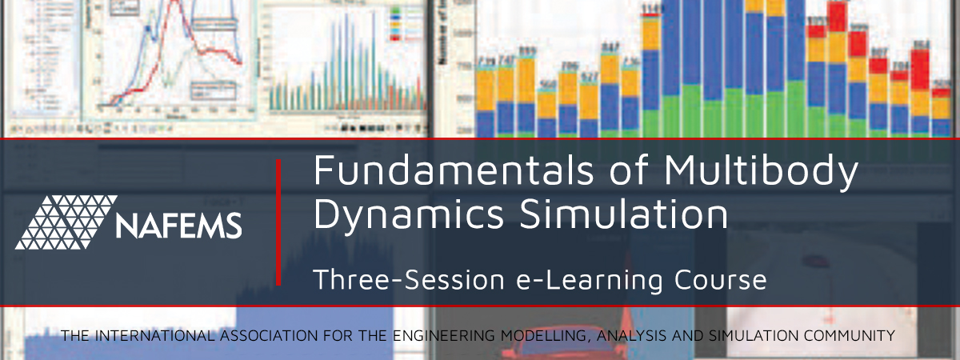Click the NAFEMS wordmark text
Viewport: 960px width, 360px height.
pyautogui.click(x=178, y=226)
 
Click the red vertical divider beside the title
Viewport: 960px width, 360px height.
pyautogui.click(x=278, y=222)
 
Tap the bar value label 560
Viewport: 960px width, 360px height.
pyautogui.click(x=546, y=83)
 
